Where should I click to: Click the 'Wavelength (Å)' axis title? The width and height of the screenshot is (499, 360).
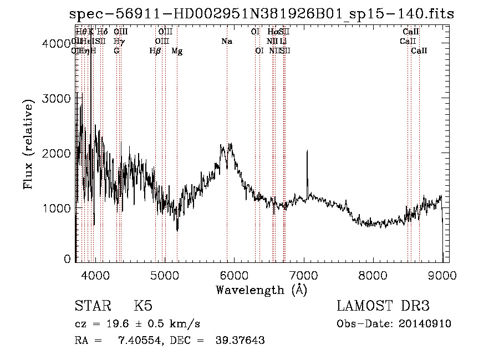[x=261, y=289]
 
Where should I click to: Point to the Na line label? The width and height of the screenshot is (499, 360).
[x=227, y=42]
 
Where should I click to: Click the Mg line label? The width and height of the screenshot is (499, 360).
[x=177, y=51]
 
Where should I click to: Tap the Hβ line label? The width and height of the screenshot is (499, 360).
[x=155, y=51]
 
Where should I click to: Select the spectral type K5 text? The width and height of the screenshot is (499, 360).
[x=142, y=306]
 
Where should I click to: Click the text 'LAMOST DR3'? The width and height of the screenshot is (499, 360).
[x=383, y=306]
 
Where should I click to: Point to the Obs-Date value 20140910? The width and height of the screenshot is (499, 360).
[x=427, y=324]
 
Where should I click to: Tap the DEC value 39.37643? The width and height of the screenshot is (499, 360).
[x=240, y=340]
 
